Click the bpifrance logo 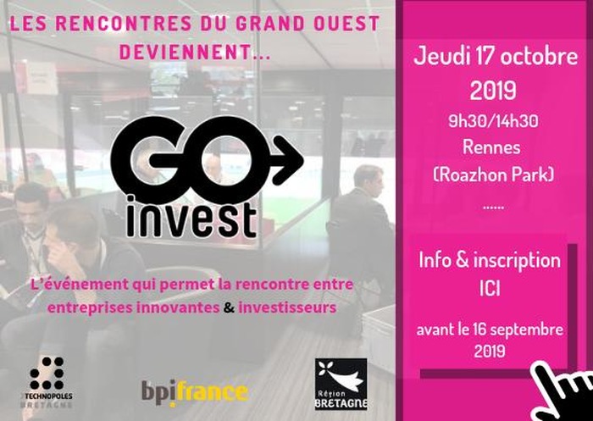click(195, 393)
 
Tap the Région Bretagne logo click(341, 384)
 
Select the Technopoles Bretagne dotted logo click(47, 381)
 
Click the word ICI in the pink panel click(490, 289)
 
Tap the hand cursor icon click(563, 393)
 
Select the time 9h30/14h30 click(493, 121)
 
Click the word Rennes click(491, 147)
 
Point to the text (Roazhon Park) click(494, 174)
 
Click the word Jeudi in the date click(438, 57)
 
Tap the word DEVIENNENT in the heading click(184, 53)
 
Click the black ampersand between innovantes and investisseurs click(229, 307)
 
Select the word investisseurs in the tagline click(287, 307)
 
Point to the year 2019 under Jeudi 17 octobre click(493, 90)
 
